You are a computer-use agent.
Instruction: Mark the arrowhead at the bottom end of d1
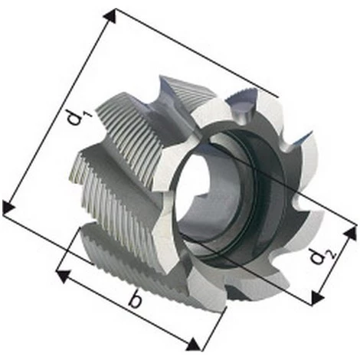click(x=8, y=207)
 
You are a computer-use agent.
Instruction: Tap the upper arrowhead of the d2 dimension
click(x=350, y=233)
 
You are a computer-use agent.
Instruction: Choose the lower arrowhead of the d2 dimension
click(x=317, y=297)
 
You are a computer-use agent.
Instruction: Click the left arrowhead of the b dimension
click(x=64, y=276)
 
